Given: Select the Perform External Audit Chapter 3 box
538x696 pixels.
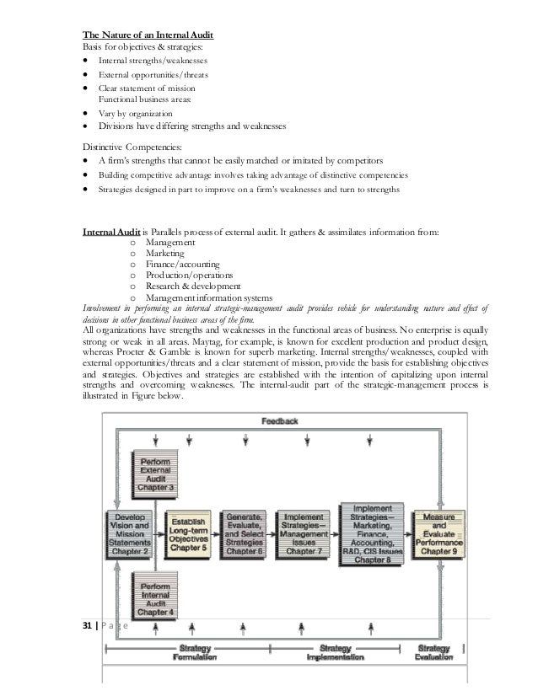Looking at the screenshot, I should [x=157, y=474].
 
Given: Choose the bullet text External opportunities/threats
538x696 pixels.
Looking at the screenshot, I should [x=153, y=75].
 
